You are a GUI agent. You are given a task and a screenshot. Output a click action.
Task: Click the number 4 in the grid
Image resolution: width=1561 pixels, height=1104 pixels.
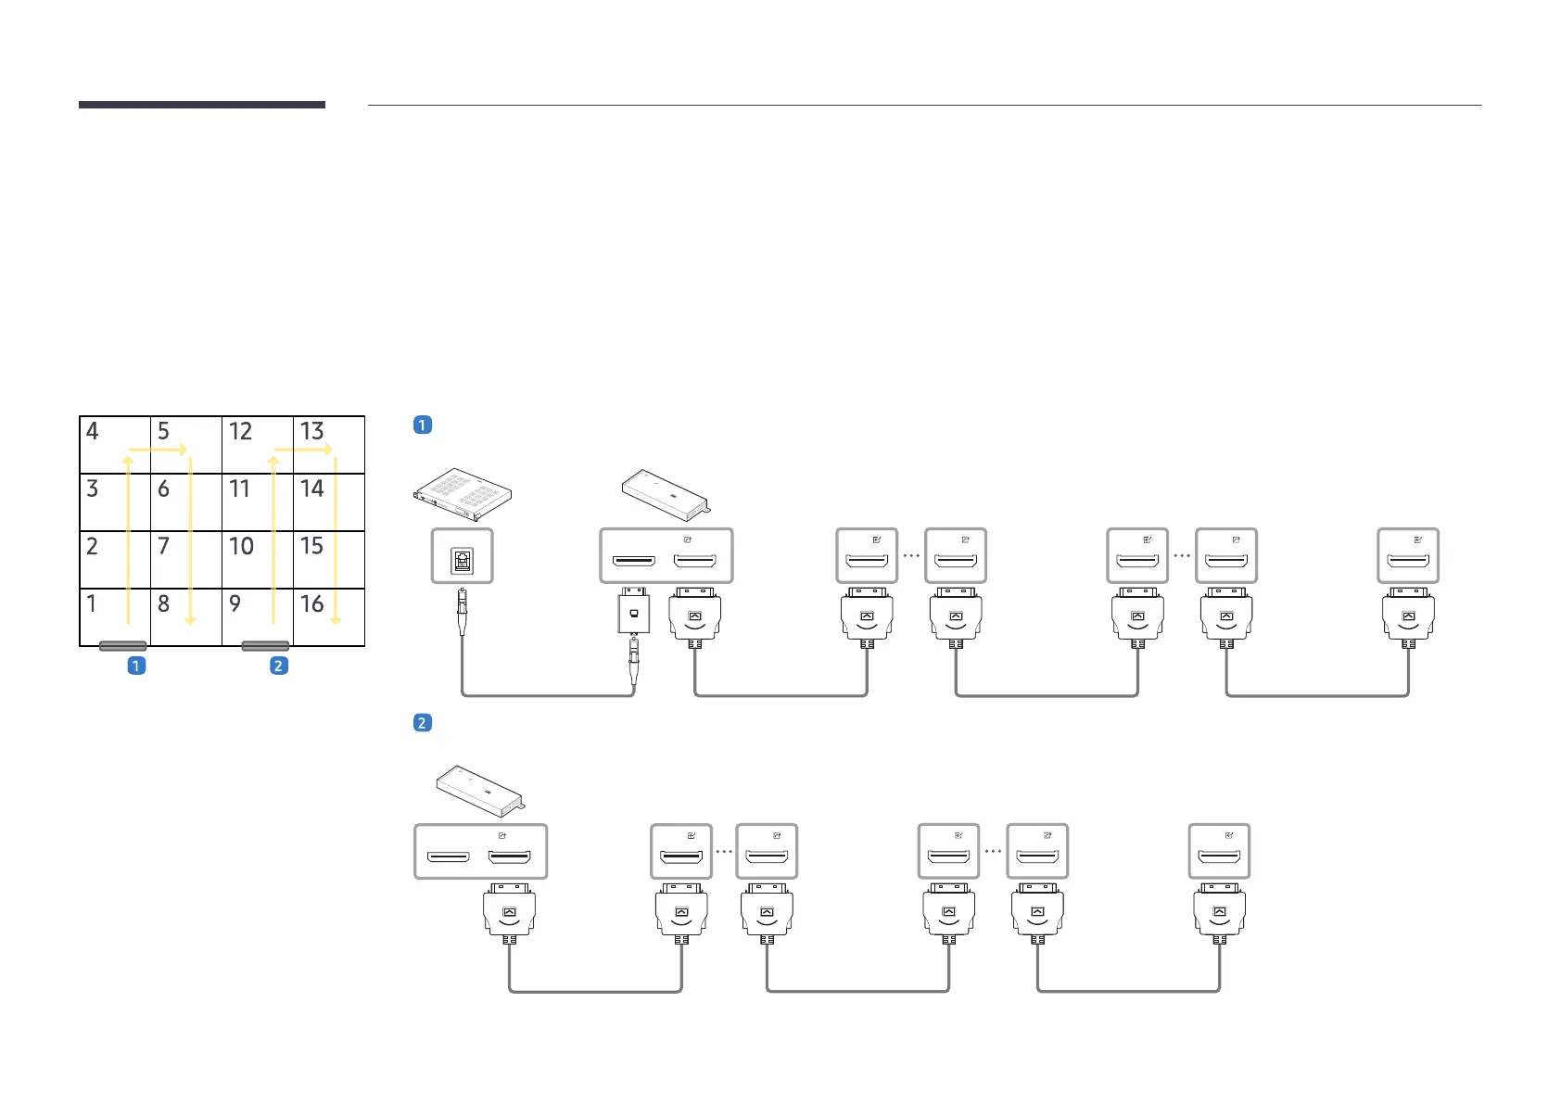[92, 431]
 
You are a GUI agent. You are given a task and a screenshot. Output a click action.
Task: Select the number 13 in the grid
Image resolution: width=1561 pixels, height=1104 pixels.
[311, 431]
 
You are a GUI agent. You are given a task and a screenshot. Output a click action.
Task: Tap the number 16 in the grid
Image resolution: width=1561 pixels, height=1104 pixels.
[311, 604]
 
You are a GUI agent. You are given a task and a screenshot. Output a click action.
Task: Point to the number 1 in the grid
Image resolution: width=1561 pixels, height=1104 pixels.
[91, 604]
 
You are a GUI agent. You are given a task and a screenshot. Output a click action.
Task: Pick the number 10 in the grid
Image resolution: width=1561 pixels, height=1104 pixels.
[241, 546]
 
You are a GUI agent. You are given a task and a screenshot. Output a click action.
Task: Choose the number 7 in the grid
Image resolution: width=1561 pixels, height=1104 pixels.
[163, 546]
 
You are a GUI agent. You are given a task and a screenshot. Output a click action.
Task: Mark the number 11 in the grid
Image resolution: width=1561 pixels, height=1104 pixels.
[240, 489]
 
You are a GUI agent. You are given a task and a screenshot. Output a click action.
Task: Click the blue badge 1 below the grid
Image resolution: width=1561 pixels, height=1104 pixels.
[136, 666]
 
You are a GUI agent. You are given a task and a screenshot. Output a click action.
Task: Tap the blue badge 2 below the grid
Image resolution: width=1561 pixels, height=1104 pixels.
[278, 666]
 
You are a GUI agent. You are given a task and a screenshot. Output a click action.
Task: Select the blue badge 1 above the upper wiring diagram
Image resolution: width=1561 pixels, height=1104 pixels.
[423, 425]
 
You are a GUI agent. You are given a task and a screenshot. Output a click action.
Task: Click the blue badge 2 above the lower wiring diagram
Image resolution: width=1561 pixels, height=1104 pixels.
[423, 723]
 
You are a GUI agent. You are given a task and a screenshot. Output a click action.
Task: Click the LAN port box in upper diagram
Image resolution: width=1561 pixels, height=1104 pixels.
[463, 556]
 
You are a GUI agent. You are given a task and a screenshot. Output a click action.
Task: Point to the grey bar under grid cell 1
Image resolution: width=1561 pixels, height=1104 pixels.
[123, 646]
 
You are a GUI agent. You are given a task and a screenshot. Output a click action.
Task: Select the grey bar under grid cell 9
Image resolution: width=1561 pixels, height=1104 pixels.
[265, 646]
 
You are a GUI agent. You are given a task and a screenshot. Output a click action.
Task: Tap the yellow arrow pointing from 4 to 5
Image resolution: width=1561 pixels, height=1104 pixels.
[158, 450]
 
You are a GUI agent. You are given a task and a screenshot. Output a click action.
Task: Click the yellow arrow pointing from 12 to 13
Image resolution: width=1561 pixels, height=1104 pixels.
[303, 450]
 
